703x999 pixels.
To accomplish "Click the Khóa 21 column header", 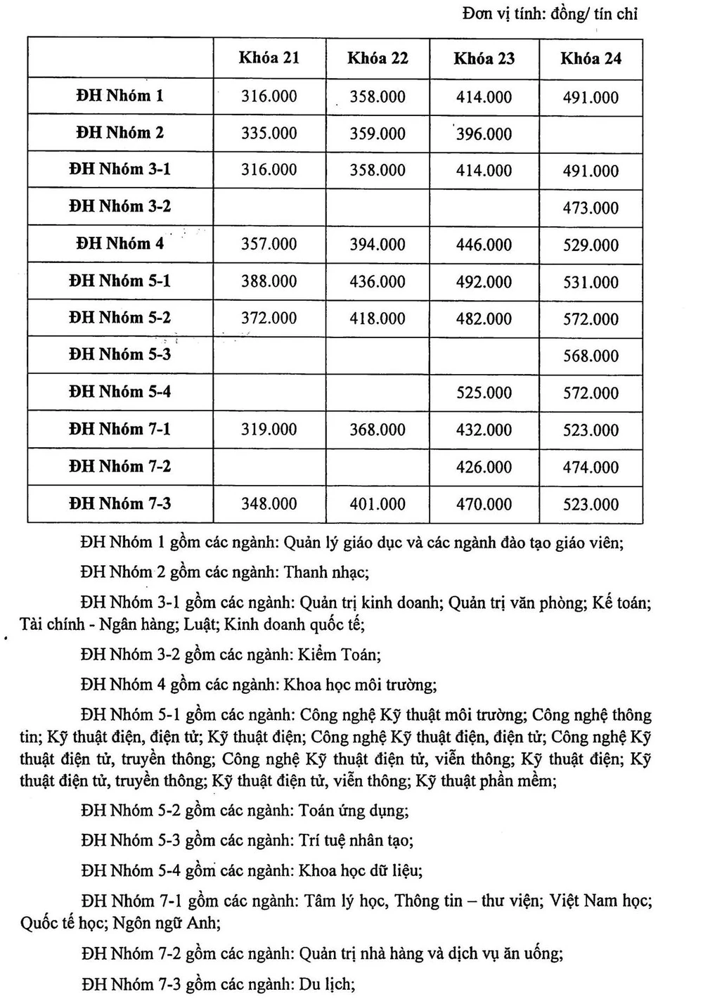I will (269, 58).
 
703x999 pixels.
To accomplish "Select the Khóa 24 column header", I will (591, 58).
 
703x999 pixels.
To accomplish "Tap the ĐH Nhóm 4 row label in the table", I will (120, 244).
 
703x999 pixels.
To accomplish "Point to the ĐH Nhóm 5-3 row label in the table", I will (120, 354).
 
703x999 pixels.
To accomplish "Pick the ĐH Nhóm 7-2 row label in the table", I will (120, 466).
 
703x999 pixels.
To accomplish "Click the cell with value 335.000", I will (269, 133).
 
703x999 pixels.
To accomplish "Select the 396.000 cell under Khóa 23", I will (484, 134).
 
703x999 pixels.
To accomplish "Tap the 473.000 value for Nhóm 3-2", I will (591, 208).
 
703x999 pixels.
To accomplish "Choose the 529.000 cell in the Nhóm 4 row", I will (591, 245).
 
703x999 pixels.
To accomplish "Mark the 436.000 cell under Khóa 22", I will (378, 282).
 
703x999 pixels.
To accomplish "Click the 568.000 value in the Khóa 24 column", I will (591, 356).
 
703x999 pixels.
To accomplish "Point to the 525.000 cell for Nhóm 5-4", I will (484, 393).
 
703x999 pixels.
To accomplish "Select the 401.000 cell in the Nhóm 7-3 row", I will (378, 504).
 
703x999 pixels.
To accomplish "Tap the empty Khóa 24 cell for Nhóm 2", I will (591, 134).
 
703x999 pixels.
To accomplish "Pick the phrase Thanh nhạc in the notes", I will (325, 572).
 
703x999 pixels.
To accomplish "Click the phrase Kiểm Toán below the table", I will (340, 655).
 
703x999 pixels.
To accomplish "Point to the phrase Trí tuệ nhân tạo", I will (356, 840).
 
